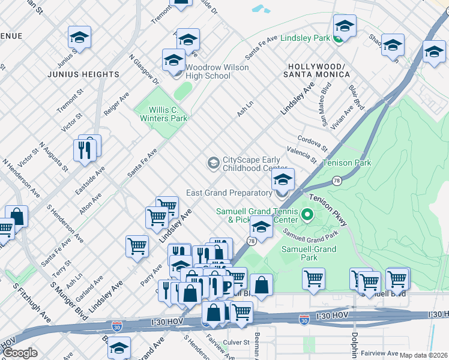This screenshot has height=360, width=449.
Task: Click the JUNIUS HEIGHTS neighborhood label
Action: (84, 74)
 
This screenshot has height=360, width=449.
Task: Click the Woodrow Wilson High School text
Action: (208, 71)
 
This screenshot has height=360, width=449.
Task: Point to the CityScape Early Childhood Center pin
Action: (213, 163)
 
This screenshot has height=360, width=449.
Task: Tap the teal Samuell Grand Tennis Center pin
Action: (308, 214)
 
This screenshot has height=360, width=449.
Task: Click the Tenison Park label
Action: (346, 163)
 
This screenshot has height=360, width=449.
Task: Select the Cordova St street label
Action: (312, 142)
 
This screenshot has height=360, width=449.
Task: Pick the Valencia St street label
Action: (301, 155)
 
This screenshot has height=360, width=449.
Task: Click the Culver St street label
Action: (237, 342)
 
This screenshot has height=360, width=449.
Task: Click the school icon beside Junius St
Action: (79, 37)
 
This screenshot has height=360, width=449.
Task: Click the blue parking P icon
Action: (226, 287)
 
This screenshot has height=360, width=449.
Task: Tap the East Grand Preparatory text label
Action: (229, 193)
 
